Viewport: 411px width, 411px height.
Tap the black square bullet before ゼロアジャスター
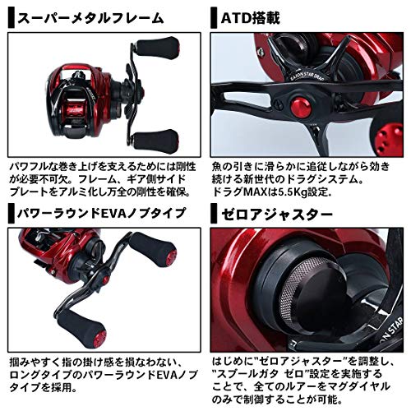pyautogui.click(x=215, y=217)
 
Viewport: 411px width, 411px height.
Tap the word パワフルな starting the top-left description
pyautogui.click(x=34, y=163)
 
